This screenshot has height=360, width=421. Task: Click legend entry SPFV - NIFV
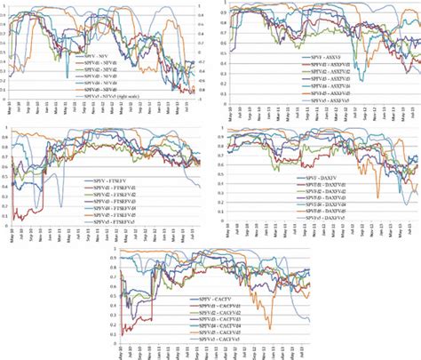coord(107,55)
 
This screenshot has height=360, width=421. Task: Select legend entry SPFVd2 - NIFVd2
coord(107,69)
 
